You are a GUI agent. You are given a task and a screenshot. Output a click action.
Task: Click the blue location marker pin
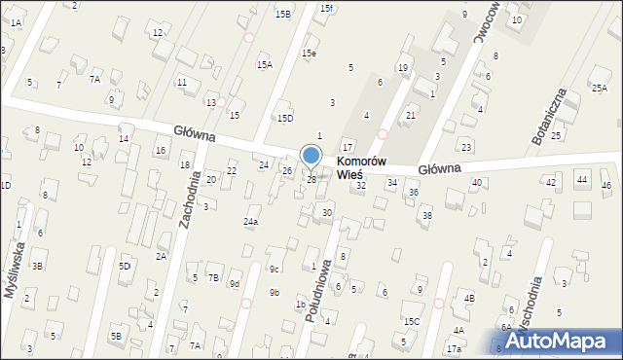click(311, 156)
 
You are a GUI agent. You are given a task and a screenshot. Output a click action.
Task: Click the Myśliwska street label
click(14, 278)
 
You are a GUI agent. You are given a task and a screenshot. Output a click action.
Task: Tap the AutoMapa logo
click(557, 341)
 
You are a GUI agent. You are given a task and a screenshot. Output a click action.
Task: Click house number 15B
click(283, 15)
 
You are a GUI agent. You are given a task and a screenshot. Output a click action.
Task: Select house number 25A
click(600, 88)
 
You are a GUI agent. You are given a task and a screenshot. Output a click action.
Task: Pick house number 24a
click(251, 222)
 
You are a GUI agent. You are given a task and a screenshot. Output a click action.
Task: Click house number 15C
click(412, 321)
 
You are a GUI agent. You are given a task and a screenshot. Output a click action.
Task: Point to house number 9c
click(275, 269)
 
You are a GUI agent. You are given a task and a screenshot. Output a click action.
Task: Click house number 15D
click(285, 118)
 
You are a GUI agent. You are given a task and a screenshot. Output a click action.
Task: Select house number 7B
click(213, 277)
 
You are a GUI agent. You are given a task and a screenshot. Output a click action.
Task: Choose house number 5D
click(125, 266)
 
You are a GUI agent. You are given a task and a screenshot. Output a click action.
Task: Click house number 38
click(426, 215)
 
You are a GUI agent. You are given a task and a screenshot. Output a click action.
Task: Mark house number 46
click(606, 185)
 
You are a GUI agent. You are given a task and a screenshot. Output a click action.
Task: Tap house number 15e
click(309, 54)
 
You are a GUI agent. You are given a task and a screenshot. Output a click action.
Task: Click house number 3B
click(37, 266)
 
